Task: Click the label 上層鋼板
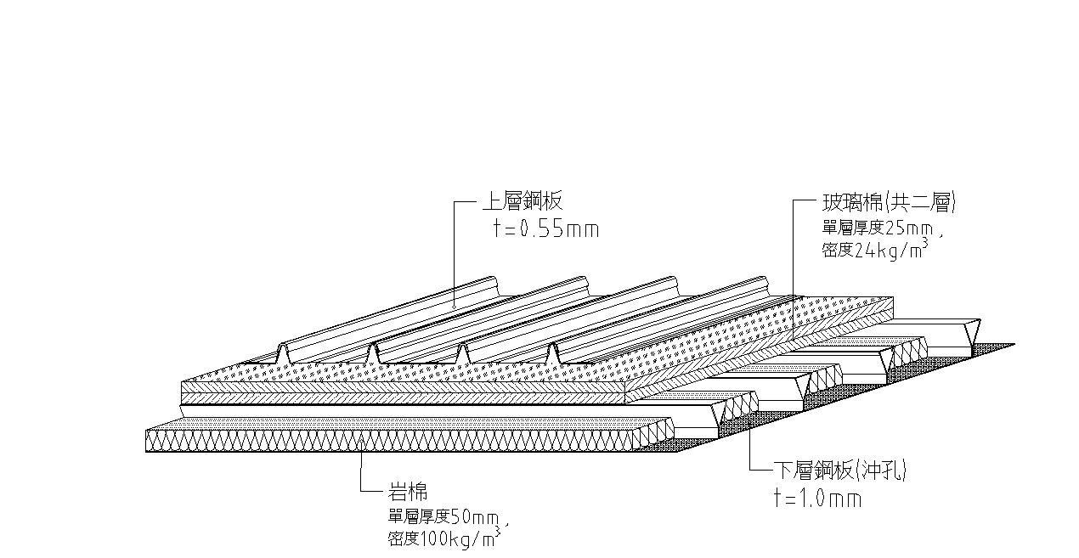pos(522,202)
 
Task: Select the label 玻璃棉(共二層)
pos(889,203)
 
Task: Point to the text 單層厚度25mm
pos(879,228)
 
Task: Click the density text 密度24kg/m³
pos(872,250)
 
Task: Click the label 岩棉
pos(407,491)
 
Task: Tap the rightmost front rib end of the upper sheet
pos(555,354)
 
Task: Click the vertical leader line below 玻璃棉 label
pos(793,255)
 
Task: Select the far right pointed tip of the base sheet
pos(1014,345)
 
